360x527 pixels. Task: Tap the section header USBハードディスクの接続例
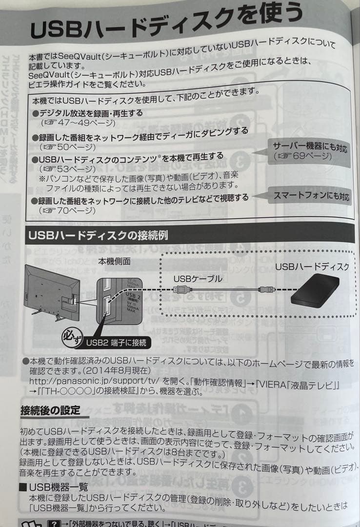point(98,235)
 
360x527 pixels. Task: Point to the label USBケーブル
point(198,279)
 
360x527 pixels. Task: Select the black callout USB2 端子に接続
point(116,343)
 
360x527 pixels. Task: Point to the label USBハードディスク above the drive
point(312,266)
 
